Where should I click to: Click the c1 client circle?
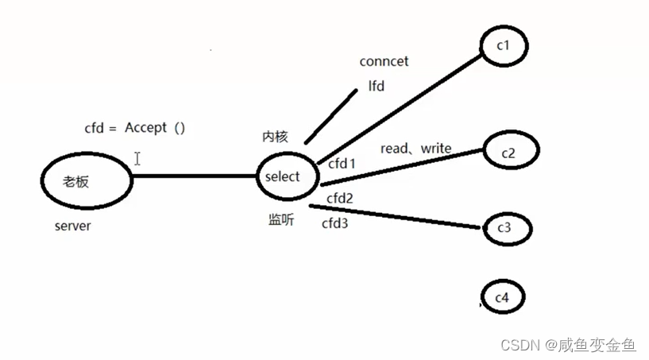pyautogui.click(x=504, y=46)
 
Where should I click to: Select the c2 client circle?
pyautogui.click(x=508, y=153)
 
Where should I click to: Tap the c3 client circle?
pyautogui.click(x=504, y=229)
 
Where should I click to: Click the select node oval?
pyautogui.click(x=284, y=176)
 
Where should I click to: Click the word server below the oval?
pyautogui.click(x=72, y=226)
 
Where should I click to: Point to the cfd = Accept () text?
pyautogui.click(x=134, y=127)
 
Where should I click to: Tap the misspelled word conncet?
pyautogui.click(x=384, y=61)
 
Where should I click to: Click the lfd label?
pyautogui.click(x=377, y=86)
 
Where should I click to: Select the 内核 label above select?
pyautogui.click(x=274, y=137)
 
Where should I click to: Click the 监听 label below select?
pyautogui.click(x=280, y=220)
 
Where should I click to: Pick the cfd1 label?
pyautogui.click(x=342, y=164)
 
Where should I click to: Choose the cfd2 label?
pyautogui.click(x=340, y=197)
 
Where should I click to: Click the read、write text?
pyautogui.click(x=415, y=149)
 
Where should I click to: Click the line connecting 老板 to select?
pyautogui.click(x=195, y=176)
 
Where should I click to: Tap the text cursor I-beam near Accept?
pyautogui.click(x=137, y=159)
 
